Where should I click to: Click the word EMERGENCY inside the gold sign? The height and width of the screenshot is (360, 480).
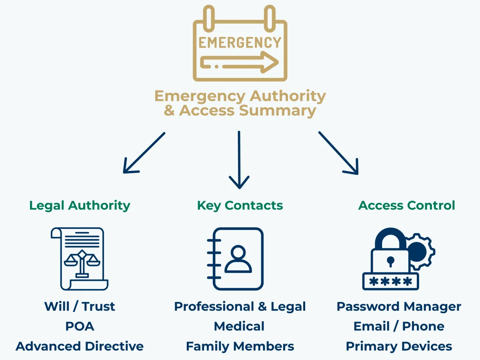click(x=240, y=42)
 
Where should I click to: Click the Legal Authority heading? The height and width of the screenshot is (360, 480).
click(x=80, y=206)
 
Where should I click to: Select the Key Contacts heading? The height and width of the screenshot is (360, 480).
click(x=240, y=206)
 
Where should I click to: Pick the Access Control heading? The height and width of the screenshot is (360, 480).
click(x=406, y=206)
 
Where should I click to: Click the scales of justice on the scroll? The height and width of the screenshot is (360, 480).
click(x=82, y=262)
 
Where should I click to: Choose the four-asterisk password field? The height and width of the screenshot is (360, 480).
click(x=390, y=282)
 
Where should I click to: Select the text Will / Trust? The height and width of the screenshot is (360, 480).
click(x=80, y=306)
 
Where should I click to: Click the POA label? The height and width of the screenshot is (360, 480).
click(x=80, y=326)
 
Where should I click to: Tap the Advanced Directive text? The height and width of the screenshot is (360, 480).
click(x=80, y=346)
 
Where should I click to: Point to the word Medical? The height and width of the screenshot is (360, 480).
click(x=239, y=326)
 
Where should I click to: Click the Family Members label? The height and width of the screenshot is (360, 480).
click(x=240, y=346)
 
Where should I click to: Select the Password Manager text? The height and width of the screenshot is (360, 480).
click(x=399, y=306)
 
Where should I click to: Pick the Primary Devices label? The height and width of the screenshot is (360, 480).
click(x=399, y=346)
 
